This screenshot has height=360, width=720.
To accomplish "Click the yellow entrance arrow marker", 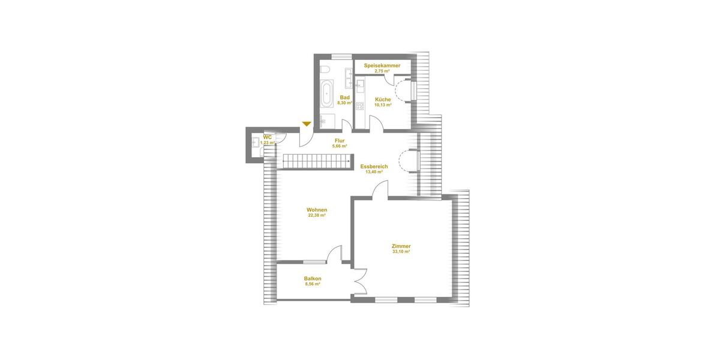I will click(x=307, y=124).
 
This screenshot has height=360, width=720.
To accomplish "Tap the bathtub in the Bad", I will click(x=327, y=93).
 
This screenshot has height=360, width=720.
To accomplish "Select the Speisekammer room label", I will click(x=382, y=65).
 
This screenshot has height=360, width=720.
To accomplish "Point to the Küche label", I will click(x=383, y=100).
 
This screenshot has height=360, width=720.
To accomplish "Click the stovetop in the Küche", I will click(x=359, y=106).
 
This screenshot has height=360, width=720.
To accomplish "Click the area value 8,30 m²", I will click(x=344, y=103).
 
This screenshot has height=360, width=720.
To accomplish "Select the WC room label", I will click(x=268, y=137).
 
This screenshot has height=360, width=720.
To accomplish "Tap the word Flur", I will click(x=340, y=140).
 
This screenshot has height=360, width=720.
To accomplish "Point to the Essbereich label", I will click(x=374, y=166).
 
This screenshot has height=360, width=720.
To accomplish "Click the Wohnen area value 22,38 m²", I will click(x=317, y=215).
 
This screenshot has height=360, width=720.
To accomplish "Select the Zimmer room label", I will click(x=401, y=246).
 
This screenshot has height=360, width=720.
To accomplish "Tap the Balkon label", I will click(x=313, y=278).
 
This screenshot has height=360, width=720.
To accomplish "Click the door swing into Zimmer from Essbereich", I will click(x=380, y=191).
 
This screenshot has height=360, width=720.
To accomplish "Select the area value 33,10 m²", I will click(x=401, y=252).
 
